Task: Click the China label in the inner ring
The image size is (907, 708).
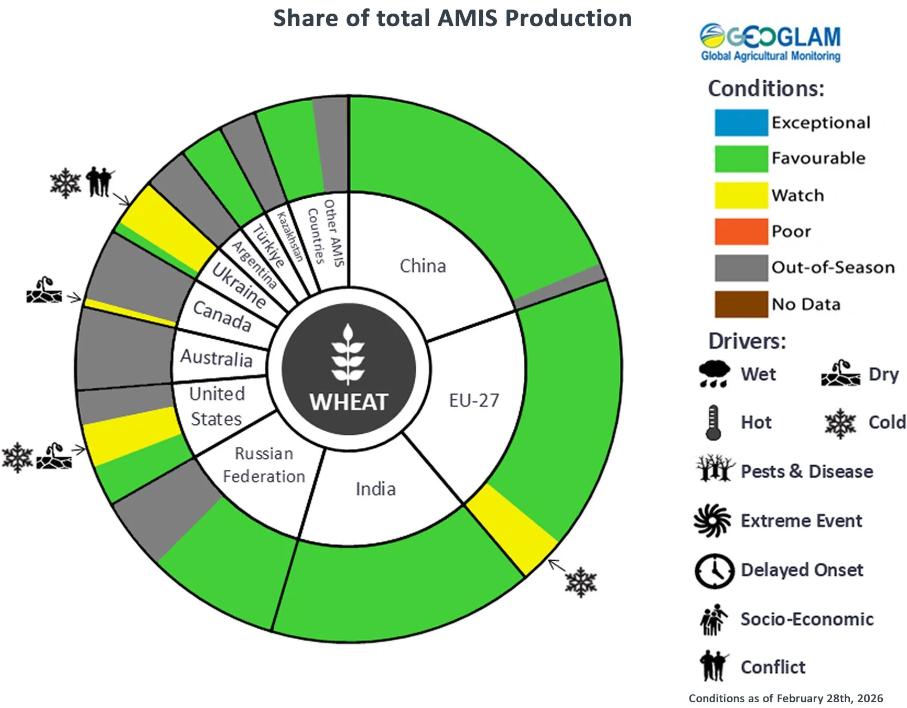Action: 423,266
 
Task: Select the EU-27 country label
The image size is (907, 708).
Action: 474,401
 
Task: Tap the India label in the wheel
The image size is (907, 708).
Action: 375,489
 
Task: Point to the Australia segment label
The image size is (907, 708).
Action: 217,358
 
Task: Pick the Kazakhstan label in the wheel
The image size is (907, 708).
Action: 290,236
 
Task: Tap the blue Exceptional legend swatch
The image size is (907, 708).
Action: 741,123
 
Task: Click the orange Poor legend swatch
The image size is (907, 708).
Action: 741,232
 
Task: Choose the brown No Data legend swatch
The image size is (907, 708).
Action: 741,304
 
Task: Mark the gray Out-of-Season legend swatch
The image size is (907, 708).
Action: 741,268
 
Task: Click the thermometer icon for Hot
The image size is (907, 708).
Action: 712,422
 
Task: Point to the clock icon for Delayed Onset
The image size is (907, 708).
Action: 714,571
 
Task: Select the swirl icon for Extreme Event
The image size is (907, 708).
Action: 712,521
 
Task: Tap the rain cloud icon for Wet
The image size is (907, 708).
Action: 714,374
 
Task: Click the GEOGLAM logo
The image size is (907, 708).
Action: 770,42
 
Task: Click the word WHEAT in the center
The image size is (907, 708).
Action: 349,402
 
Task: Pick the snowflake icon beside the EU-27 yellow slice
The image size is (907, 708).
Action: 581,582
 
